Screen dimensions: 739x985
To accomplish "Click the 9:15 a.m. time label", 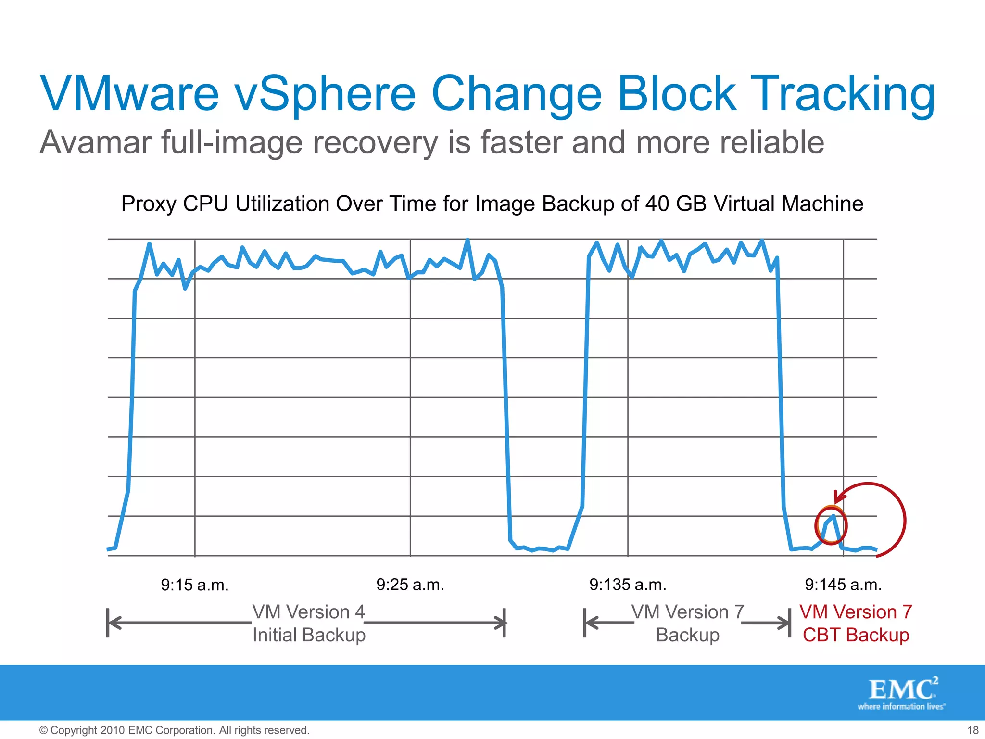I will coord(194,585).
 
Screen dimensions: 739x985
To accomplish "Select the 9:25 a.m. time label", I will coord(410,585).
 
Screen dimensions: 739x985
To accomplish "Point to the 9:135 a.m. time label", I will coord(628,585).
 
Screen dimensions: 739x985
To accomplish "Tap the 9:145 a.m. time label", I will coord(843,585).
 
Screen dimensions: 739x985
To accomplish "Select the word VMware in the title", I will coord(130,94).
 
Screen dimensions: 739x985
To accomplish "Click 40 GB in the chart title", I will coord(676,204).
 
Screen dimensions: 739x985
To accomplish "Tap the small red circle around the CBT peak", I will coord(831,525).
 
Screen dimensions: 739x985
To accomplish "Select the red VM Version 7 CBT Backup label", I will coord(856,624).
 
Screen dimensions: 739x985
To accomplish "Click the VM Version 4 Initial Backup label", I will coord(309,624).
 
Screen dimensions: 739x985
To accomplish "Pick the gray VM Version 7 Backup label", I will coord(687,624).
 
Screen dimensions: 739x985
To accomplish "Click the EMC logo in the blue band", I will coord(902,693).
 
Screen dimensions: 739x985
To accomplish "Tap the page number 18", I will coord(972,730).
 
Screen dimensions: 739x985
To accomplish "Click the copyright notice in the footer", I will coord(174,730).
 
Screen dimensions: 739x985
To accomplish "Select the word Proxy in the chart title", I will coord(148,204).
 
